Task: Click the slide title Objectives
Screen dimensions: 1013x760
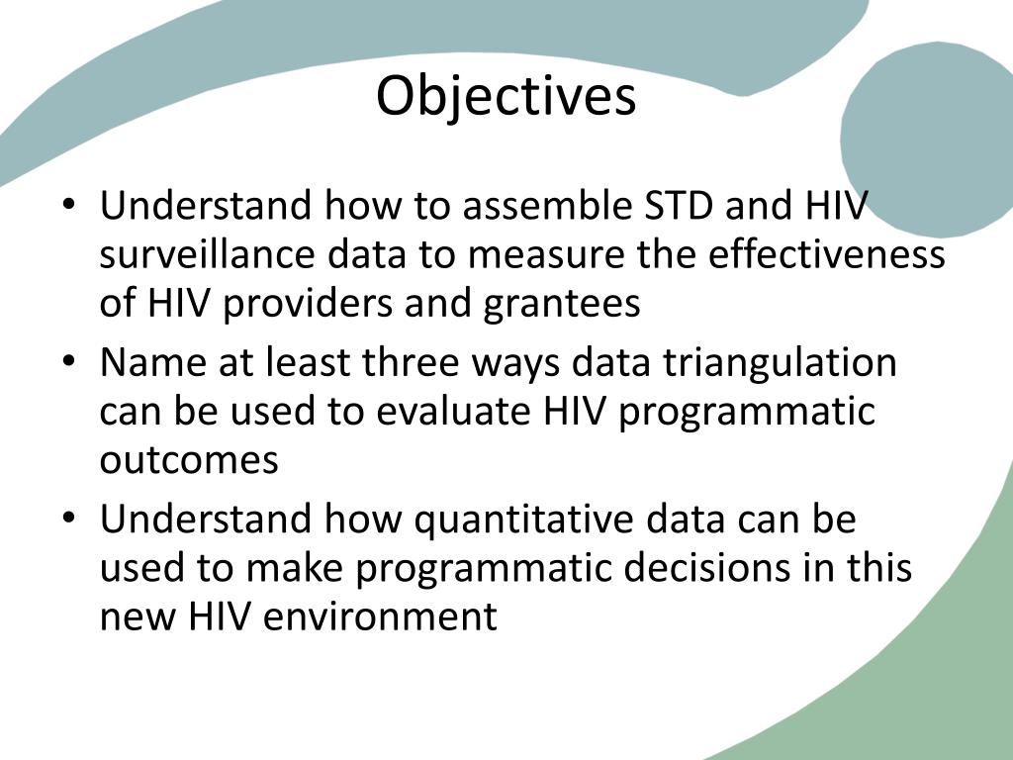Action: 506,97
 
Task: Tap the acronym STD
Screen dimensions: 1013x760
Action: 679,205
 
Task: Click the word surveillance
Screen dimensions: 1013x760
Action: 207,254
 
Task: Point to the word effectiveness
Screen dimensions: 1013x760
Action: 826,254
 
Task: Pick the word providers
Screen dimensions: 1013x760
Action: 308,304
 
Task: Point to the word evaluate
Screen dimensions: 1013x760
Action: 453,411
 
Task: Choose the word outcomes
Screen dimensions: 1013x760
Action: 189,460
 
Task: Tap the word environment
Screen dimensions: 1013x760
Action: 380,617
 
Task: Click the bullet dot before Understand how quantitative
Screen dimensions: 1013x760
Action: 69,519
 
